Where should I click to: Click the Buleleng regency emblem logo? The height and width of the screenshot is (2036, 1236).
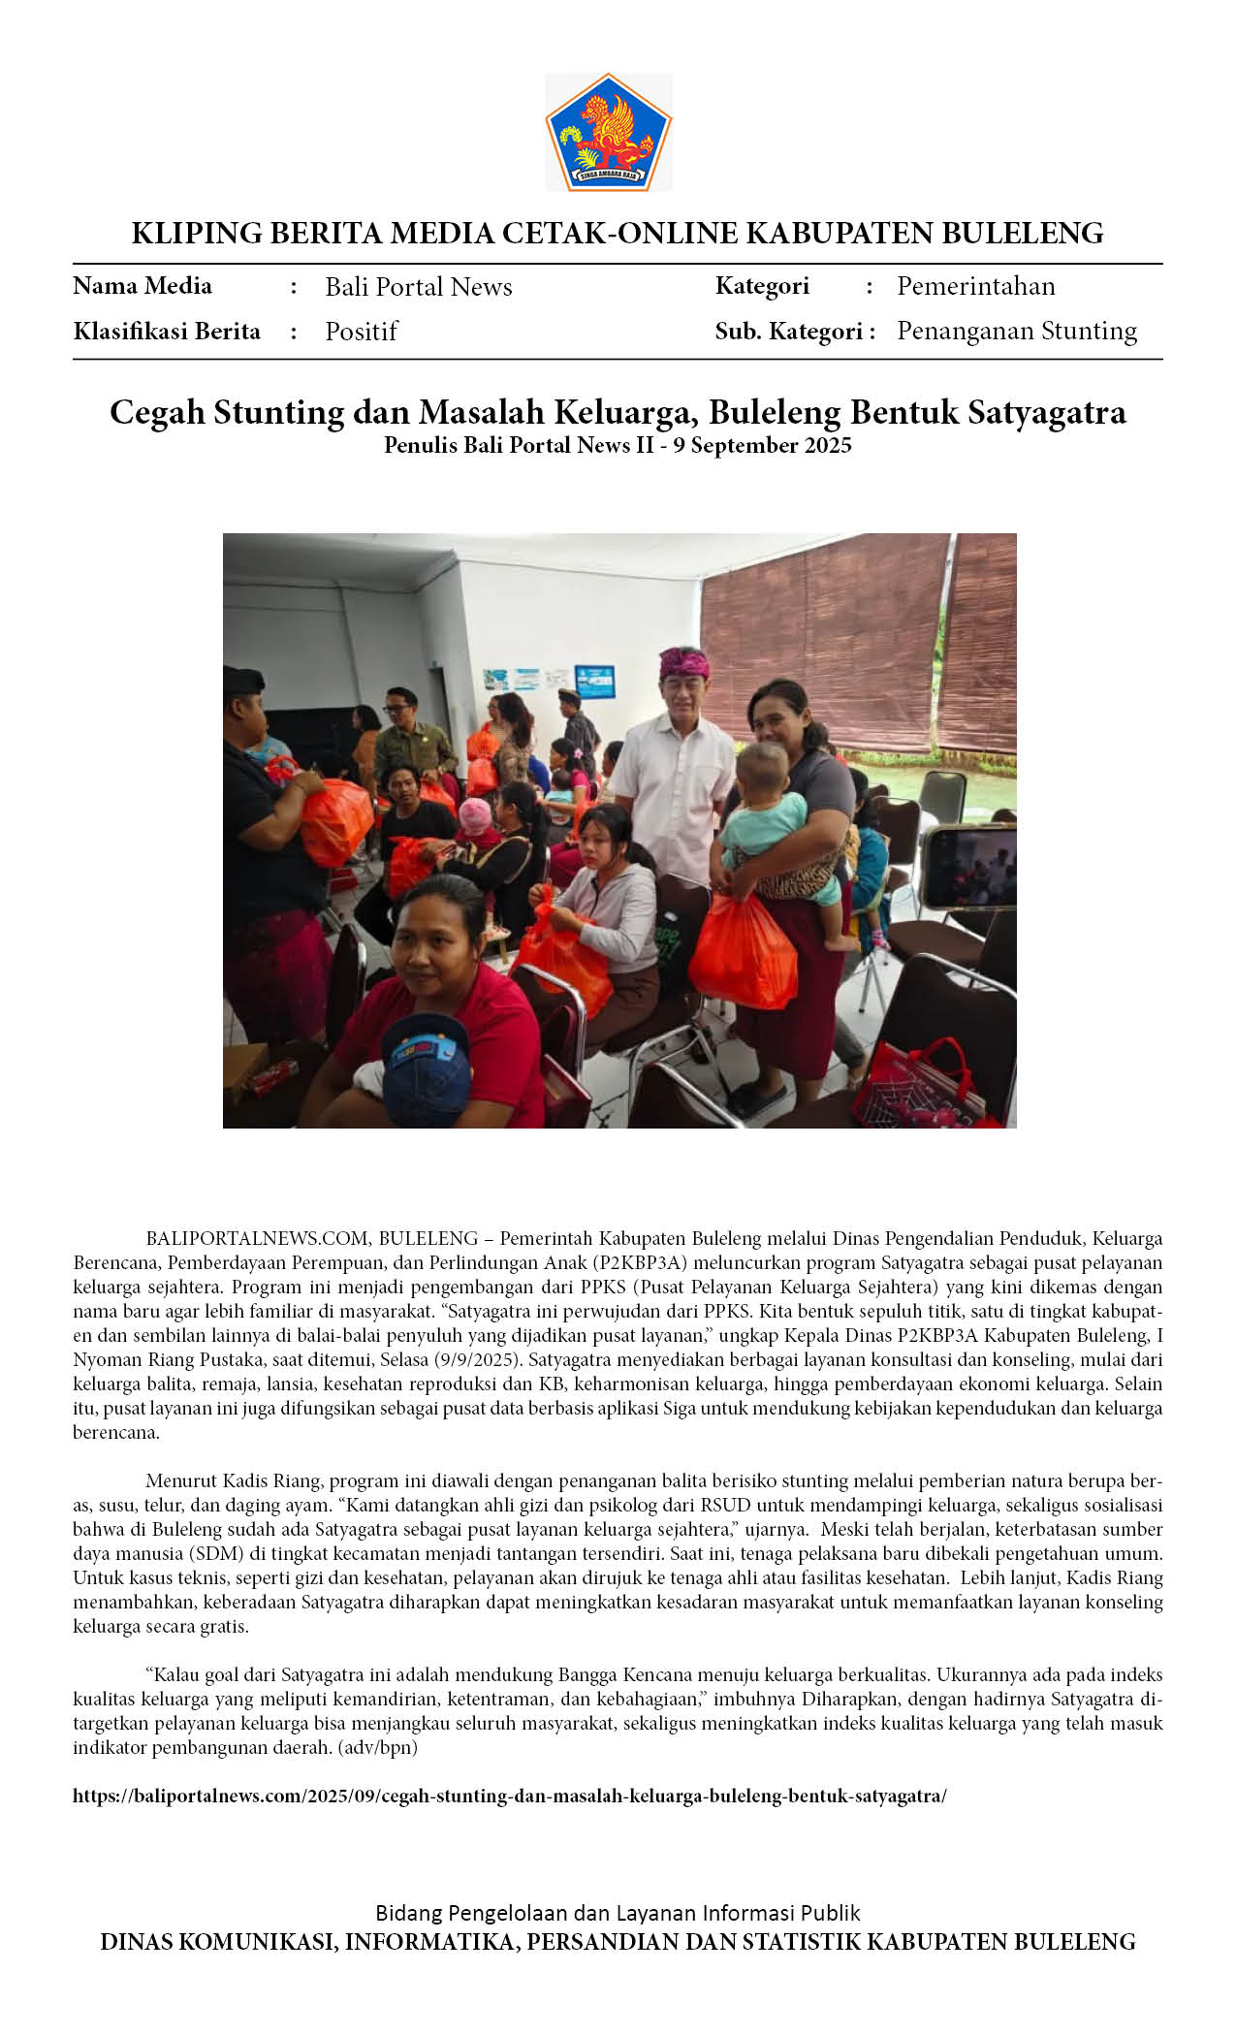[608, 132]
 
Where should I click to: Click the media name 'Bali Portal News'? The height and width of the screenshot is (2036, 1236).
[418, 287]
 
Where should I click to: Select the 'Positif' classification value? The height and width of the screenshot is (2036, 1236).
[361, 332]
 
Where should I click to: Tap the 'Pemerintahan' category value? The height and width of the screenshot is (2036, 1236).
[975, 286]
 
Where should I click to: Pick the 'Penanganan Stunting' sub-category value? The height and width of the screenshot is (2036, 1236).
[1016, 331]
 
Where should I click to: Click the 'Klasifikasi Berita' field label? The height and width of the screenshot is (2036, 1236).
[167, 332]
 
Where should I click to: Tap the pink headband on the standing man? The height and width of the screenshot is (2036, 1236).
[684, 662]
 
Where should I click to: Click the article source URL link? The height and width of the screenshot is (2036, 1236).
[509, 1796]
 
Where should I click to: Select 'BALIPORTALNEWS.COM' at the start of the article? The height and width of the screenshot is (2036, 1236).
[257, 1238]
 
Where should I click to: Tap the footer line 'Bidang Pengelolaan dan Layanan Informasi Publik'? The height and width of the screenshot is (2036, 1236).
[618, 1913]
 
